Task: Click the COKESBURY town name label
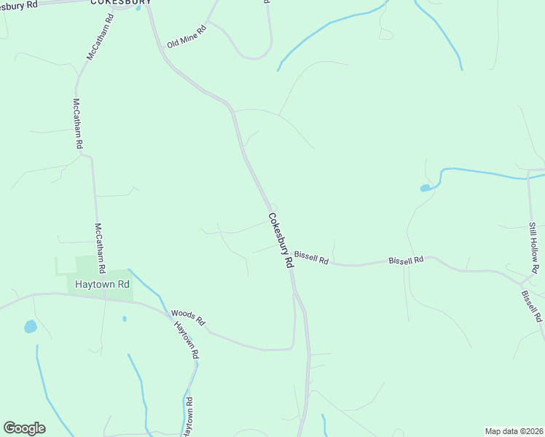(x=121, y=2)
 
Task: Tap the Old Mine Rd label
(x=187, y=36)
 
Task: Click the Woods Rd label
(x=189, y=318)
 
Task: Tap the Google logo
(x=24, y=428)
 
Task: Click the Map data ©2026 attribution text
(x=514, y=431)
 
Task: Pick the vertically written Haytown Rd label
(x=188, y=417)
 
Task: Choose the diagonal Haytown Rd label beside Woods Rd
(x=186, y=341)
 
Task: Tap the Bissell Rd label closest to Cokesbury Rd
(x=312, y=257)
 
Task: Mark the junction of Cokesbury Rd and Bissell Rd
(x=290, y=260)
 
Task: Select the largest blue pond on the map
(x=30, y=326)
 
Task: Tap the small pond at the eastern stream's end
(x=425, y=189)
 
